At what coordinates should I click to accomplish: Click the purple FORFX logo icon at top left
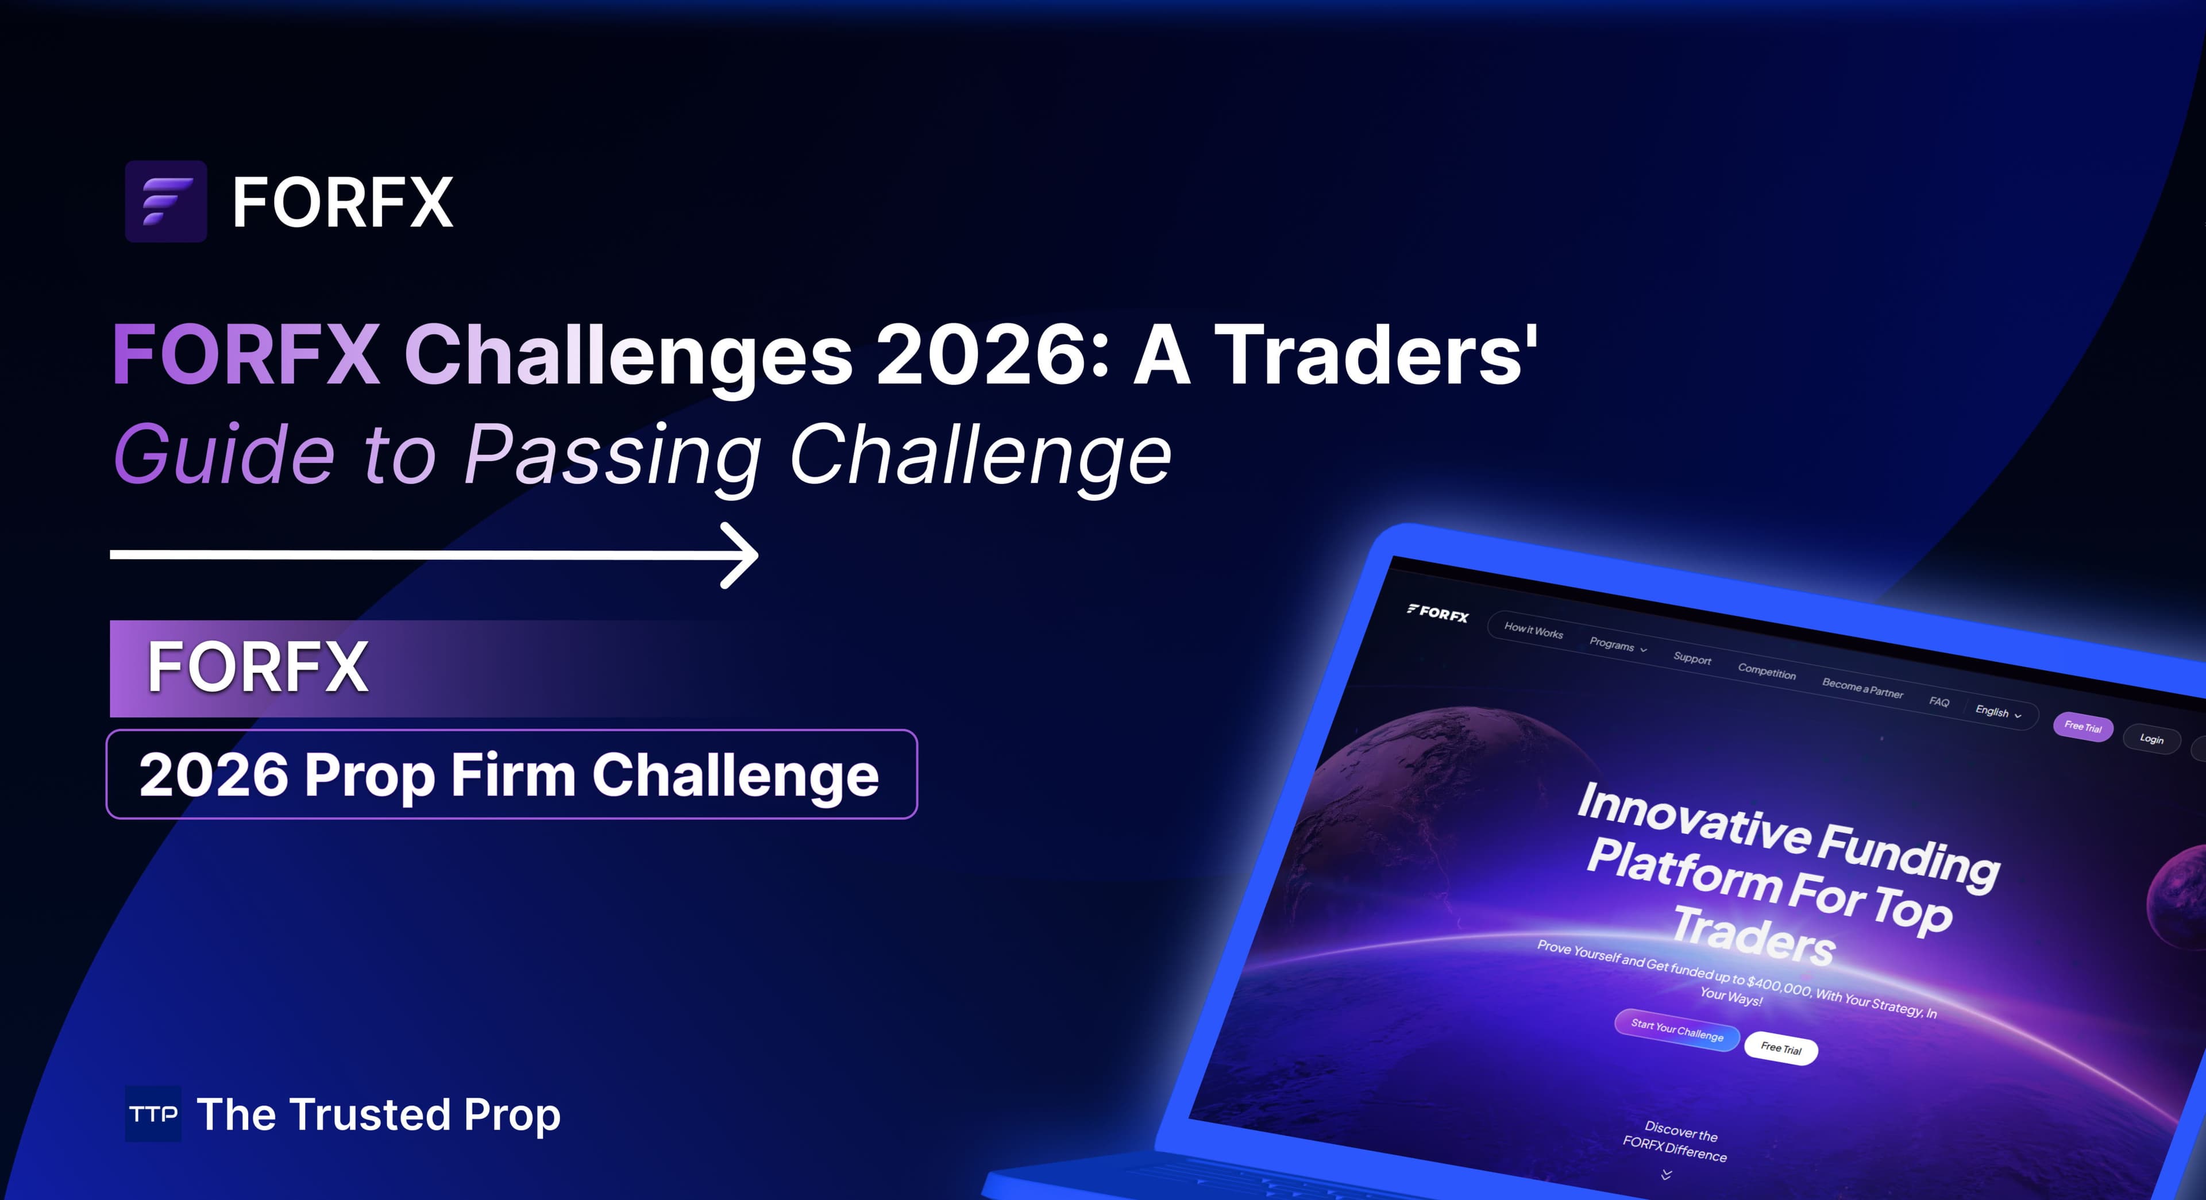(165, 201)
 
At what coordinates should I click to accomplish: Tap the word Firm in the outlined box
(512, 775)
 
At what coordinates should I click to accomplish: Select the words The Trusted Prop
(379, 1114)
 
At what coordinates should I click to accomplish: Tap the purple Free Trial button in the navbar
(2082, 726)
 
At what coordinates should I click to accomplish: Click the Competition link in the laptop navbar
(1766, 672)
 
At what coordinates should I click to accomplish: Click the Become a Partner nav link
(1862, 688)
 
